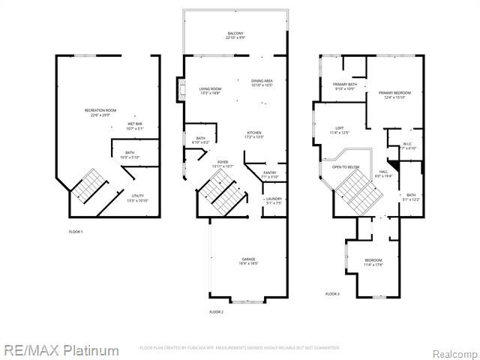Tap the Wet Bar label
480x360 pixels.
click(135, 125)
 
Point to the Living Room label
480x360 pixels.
click(200, 90)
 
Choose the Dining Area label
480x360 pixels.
click(262, 82)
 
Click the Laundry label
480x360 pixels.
click(274, 200)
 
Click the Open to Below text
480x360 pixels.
click(346, 167)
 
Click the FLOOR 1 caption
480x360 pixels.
click(75, 232)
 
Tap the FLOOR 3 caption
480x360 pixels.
click(332, 294)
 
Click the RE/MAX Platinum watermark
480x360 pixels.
click(61, 350)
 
